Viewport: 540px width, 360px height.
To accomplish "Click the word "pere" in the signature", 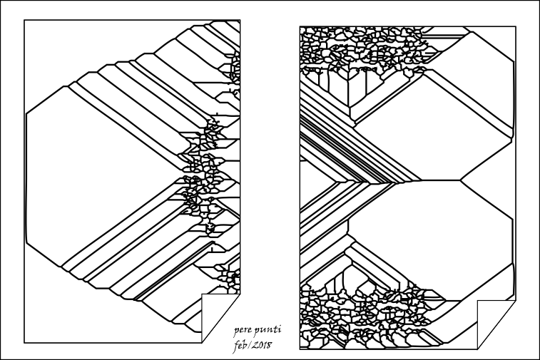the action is tap(243, 331).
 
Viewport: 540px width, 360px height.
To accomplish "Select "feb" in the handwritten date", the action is tap(240, 345).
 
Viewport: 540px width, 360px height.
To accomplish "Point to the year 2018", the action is tap(262, 345).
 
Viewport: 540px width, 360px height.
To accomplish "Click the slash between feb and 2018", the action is tap(250, 345).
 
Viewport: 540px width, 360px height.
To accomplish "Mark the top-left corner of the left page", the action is tap(24, 20).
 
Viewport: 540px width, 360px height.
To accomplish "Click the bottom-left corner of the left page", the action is tap(24, 343).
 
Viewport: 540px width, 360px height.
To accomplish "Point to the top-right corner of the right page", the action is tap(516, 26).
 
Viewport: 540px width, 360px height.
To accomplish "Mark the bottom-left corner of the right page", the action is tap(300, 349).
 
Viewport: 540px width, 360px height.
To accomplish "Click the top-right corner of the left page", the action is tap(240, 20).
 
